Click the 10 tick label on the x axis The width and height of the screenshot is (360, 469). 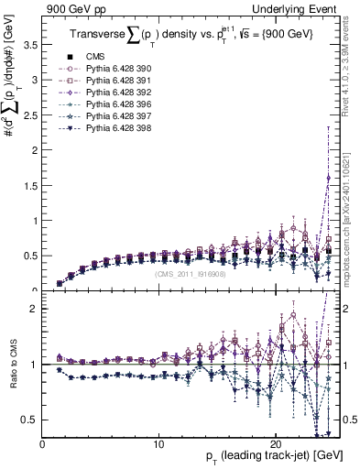[x=158, y=443]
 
